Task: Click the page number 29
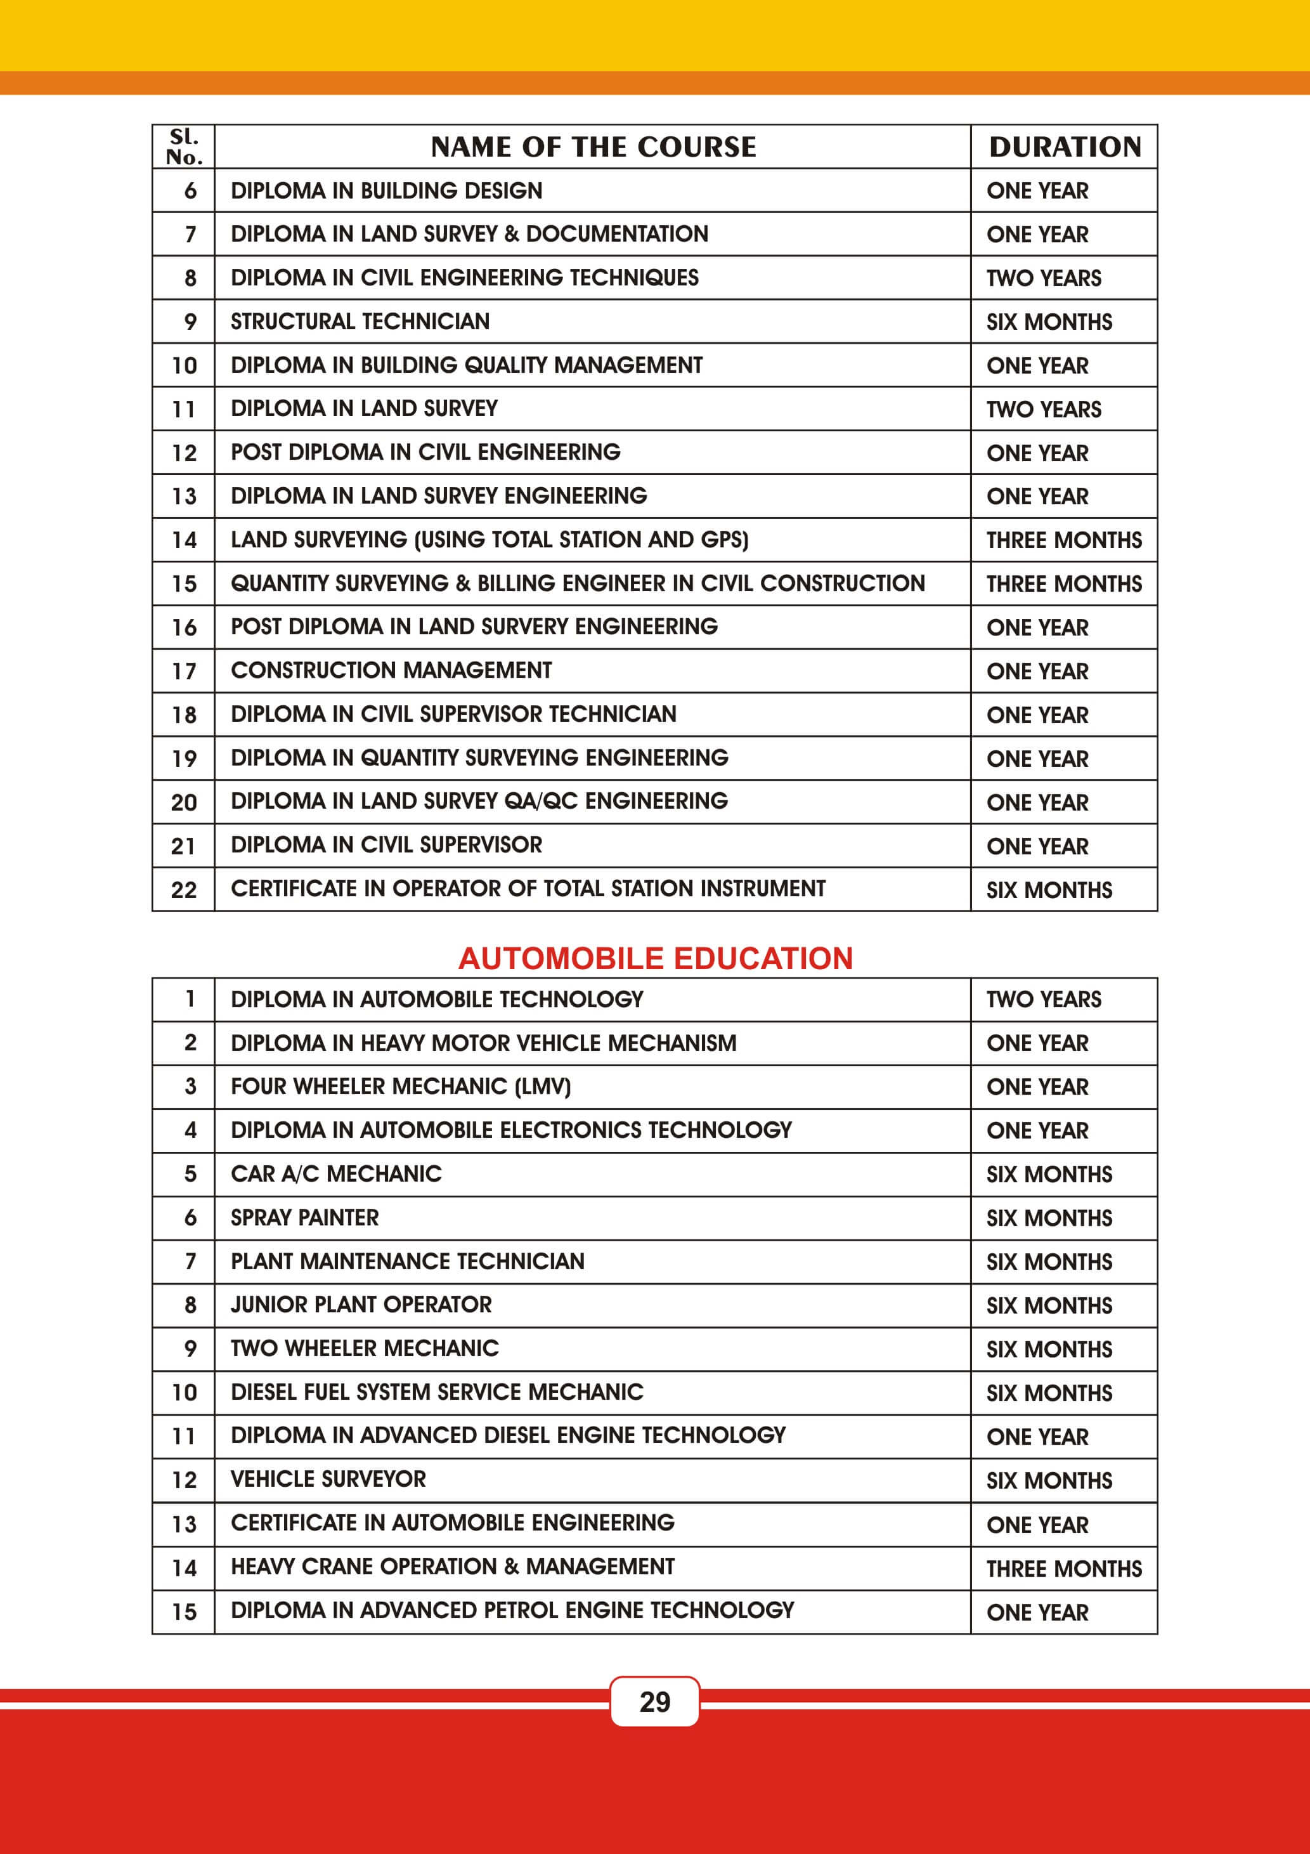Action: click(654, 1701)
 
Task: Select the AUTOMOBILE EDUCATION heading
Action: click(656, 958)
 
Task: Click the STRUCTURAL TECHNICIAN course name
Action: click(360, 322)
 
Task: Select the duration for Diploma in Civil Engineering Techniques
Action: click(1044, 278)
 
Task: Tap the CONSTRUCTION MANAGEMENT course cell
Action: click(391, 670)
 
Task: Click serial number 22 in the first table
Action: click(184, 890)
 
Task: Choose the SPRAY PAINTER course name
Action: click(304, 1218)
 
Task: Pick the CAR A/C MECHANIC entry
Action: click(336, 1174)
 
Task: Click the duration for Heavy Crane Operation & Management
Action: click(1064, 1568)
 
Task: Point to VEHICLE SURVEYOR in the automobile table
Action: click(328, 1479)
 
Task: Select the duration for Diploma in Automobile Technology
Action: click(1044, 1000)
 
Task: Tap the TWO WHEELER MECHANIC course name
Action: click(365, 1348)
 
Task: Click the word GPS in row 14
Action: click(722, 539)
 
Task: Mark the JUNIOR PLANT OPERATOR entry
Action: click(361, 1305)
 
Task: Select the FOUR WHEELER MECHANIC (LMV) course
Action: click(400, 1087)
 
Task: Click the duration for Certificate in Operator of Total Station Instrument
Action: click(1049, 890)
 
